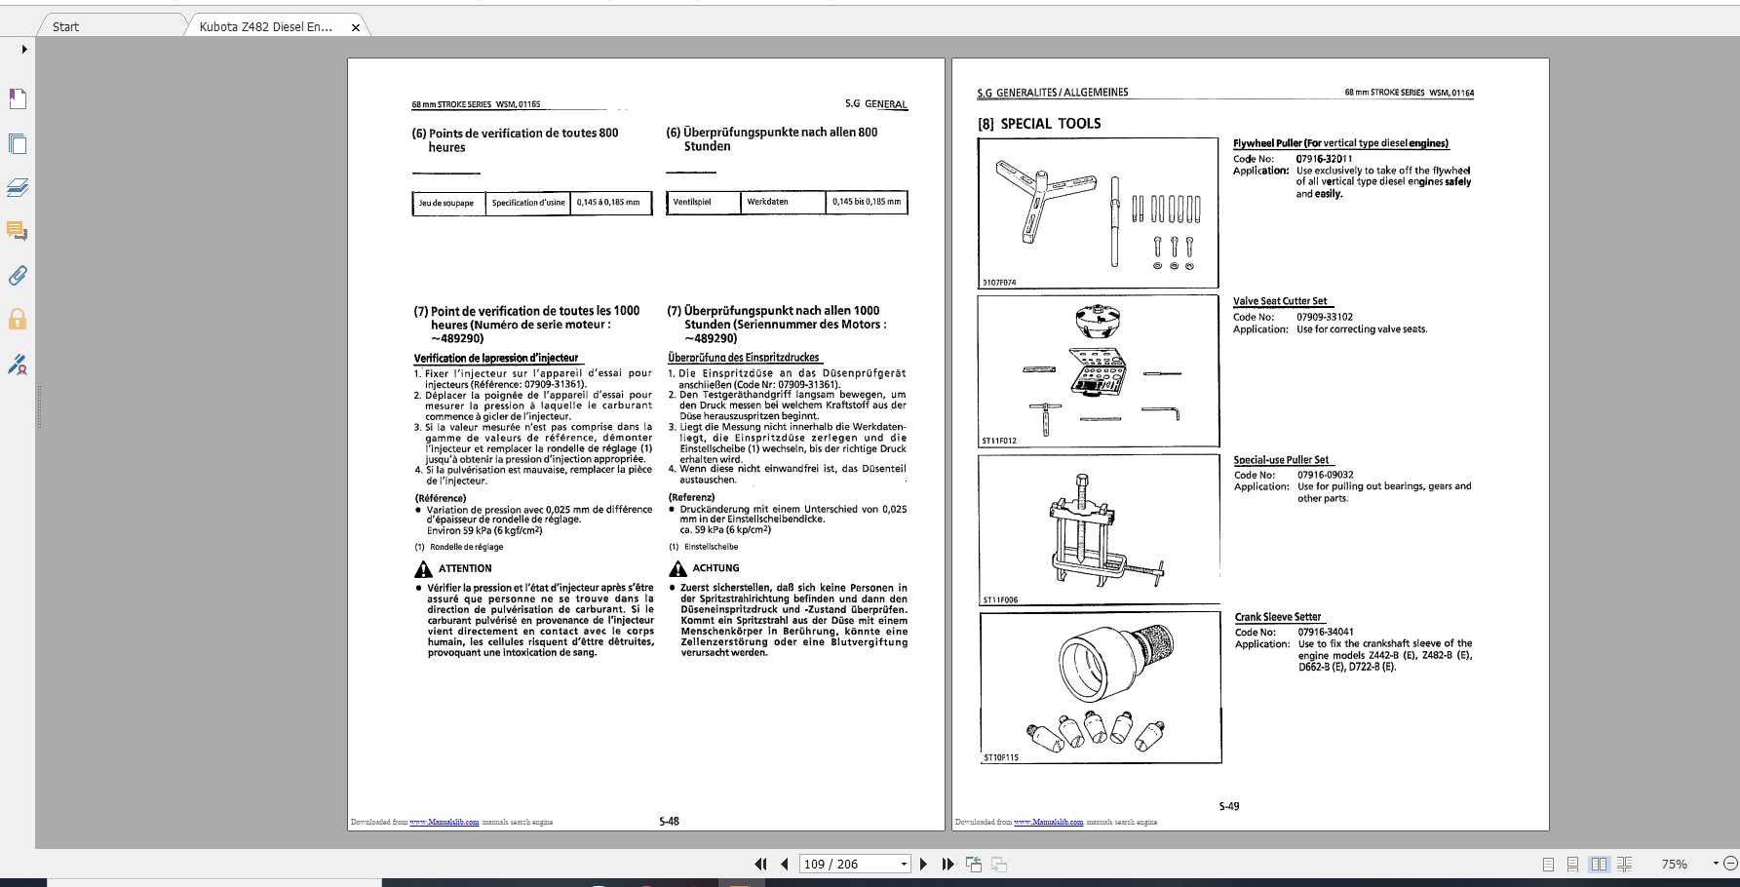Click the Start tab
click(66, 26)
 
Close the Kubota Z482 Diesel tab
click(356, 27)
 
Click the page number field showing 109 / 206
click(847, 864)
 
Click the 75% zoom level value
click(1674, 864)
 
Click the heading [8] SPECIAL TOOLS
click(1039, 124)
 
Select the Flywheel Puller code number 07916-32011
click(1324, 159)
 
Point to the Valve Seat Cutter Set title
click(1280, 301)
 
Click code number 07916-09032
click(1326, 475)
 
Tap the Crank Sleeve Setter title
click(1278, 617)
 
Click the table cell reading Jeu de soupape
click(446, 203)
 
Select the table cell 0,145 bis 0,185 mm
click(866, 202)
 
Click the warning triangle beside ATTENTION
click(423, 569)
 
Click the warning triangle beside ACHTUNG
click(677, 569)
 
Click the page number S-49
click(1228, 806)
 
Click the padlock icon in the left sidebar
click(18, 320)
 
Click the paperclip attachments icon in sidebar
click(18, 276)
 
